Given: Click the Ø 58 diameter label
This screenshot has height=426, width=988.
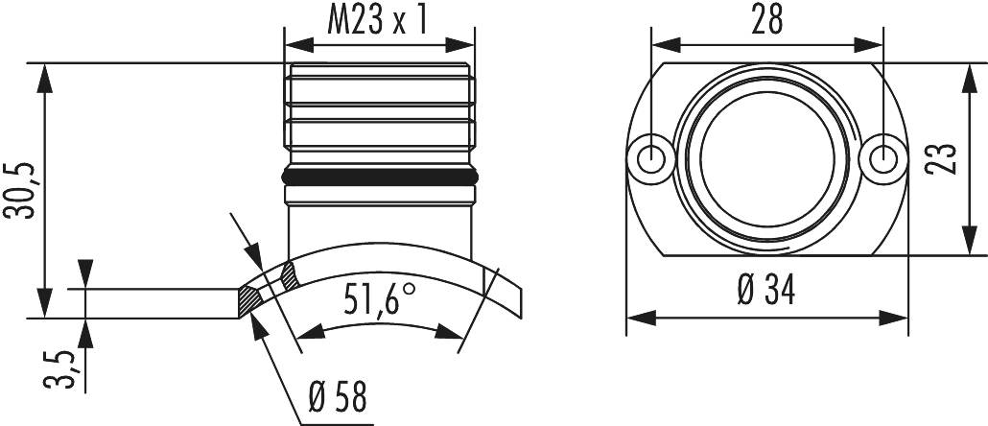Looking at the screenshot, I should click(x=338, y=398).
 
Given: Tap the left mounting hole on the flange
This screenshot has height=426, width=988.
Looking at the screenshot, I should click(x=652, y=155).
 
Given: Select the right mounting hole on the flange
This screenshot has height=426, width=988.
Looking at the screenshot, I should click(x=881, y=155).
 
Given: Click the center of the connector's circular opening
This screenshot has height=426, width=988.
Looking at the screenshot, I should click(x=765, y=155).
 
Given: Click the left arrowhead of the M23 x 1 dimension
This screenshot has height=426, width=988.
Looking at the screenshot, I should click(x=294, y=44).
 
